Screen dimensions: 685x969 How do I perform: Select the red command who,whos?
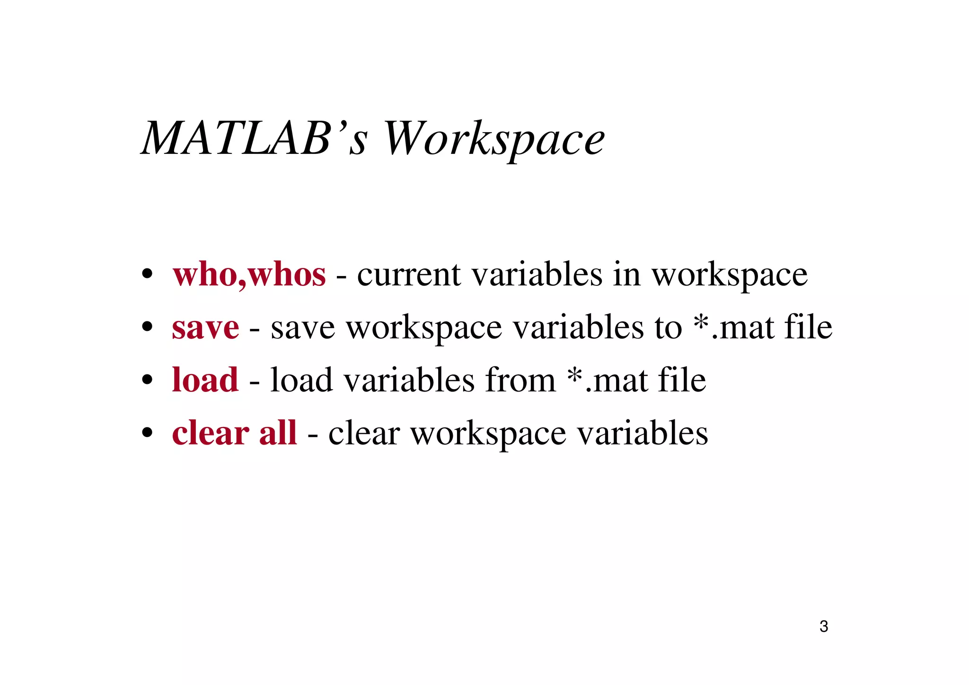[x=249, y=275]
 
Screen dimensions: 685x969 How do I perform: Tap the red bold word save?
[x=205, y=328]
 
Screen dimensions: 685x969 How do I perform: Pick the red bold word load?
[x=205, y=380]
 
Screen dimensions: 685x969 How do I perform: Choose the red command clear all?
[x=234, y=433]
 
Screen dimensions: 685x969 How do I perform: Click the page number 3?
[x=824, y=626]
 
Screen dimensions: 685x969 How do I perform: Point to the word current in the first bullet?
[x=409, y=275]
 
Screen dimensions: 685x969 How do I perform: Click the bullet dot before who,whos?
[x=148, y=275]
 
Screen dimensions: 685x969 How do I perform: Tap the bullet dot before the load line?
[x=148, y=380]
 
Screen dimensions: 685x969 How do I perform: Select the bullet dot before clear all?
[x=148, y=433]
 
